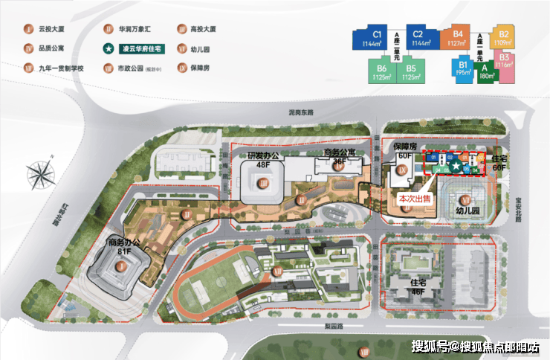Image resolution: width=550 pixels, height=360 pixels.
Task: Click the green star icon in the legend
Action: [109, 49]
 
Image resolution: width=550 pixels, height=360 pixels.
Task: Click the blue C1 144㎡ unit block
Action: [377, 38]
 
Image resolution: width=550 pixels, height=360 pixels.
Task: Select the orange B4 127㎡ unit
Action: [458, 38]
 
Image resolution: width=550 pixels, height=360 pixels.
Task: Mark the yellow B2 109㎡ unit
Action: [504, 39]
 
